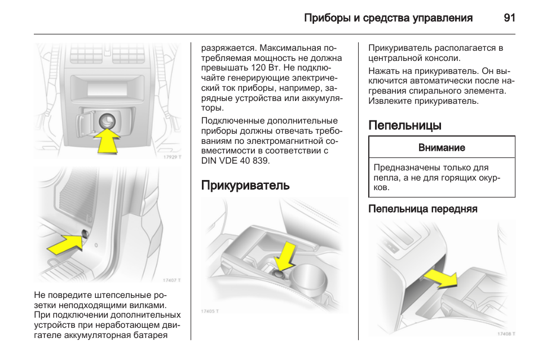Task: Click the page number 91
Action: tap(509, 18)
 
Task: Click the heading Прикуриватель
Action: tap(245, 186)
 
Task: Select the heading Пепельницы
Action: tap(404, 125)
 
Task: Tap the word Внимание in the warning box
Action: tap(442, 148)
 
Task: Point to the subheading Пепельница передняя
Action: tap(422, 209)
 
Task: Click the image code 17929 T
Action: tap(172, 157)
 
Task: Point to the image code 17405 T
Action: tap(210, 311)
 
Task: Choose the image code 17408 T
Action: tap(506, 333)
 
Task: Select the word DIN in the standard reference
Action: tap(210, 161)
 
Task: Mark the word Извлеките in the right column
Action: tap(390, 102)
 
